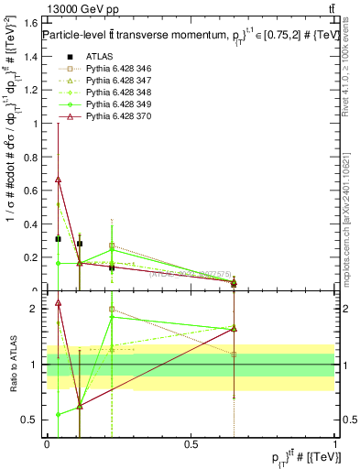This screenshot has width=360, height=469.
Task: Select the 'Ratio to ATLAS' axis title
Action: point(13,365)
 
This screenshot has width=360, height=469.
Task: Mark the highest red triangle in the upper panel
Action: point(58,180)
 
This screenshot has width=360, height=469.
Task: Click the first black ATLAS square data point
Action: point(58,239)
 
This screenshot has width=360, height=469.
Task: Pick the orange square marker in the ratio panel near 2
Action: point(112,310)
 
